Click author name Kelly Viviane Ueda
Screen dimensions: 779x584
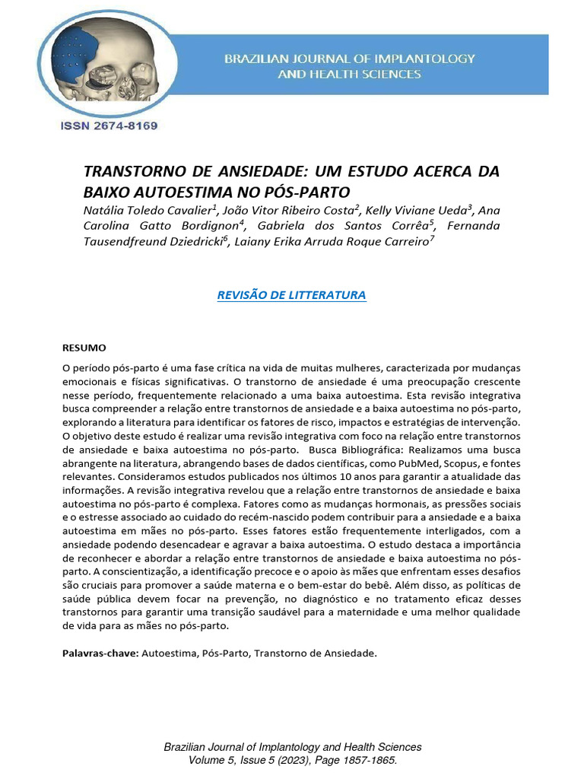point(426,210)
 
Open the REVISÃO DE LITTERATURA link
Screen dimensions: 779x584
point(292,295)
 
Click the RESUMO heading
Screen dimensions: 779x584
point(84,348)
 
